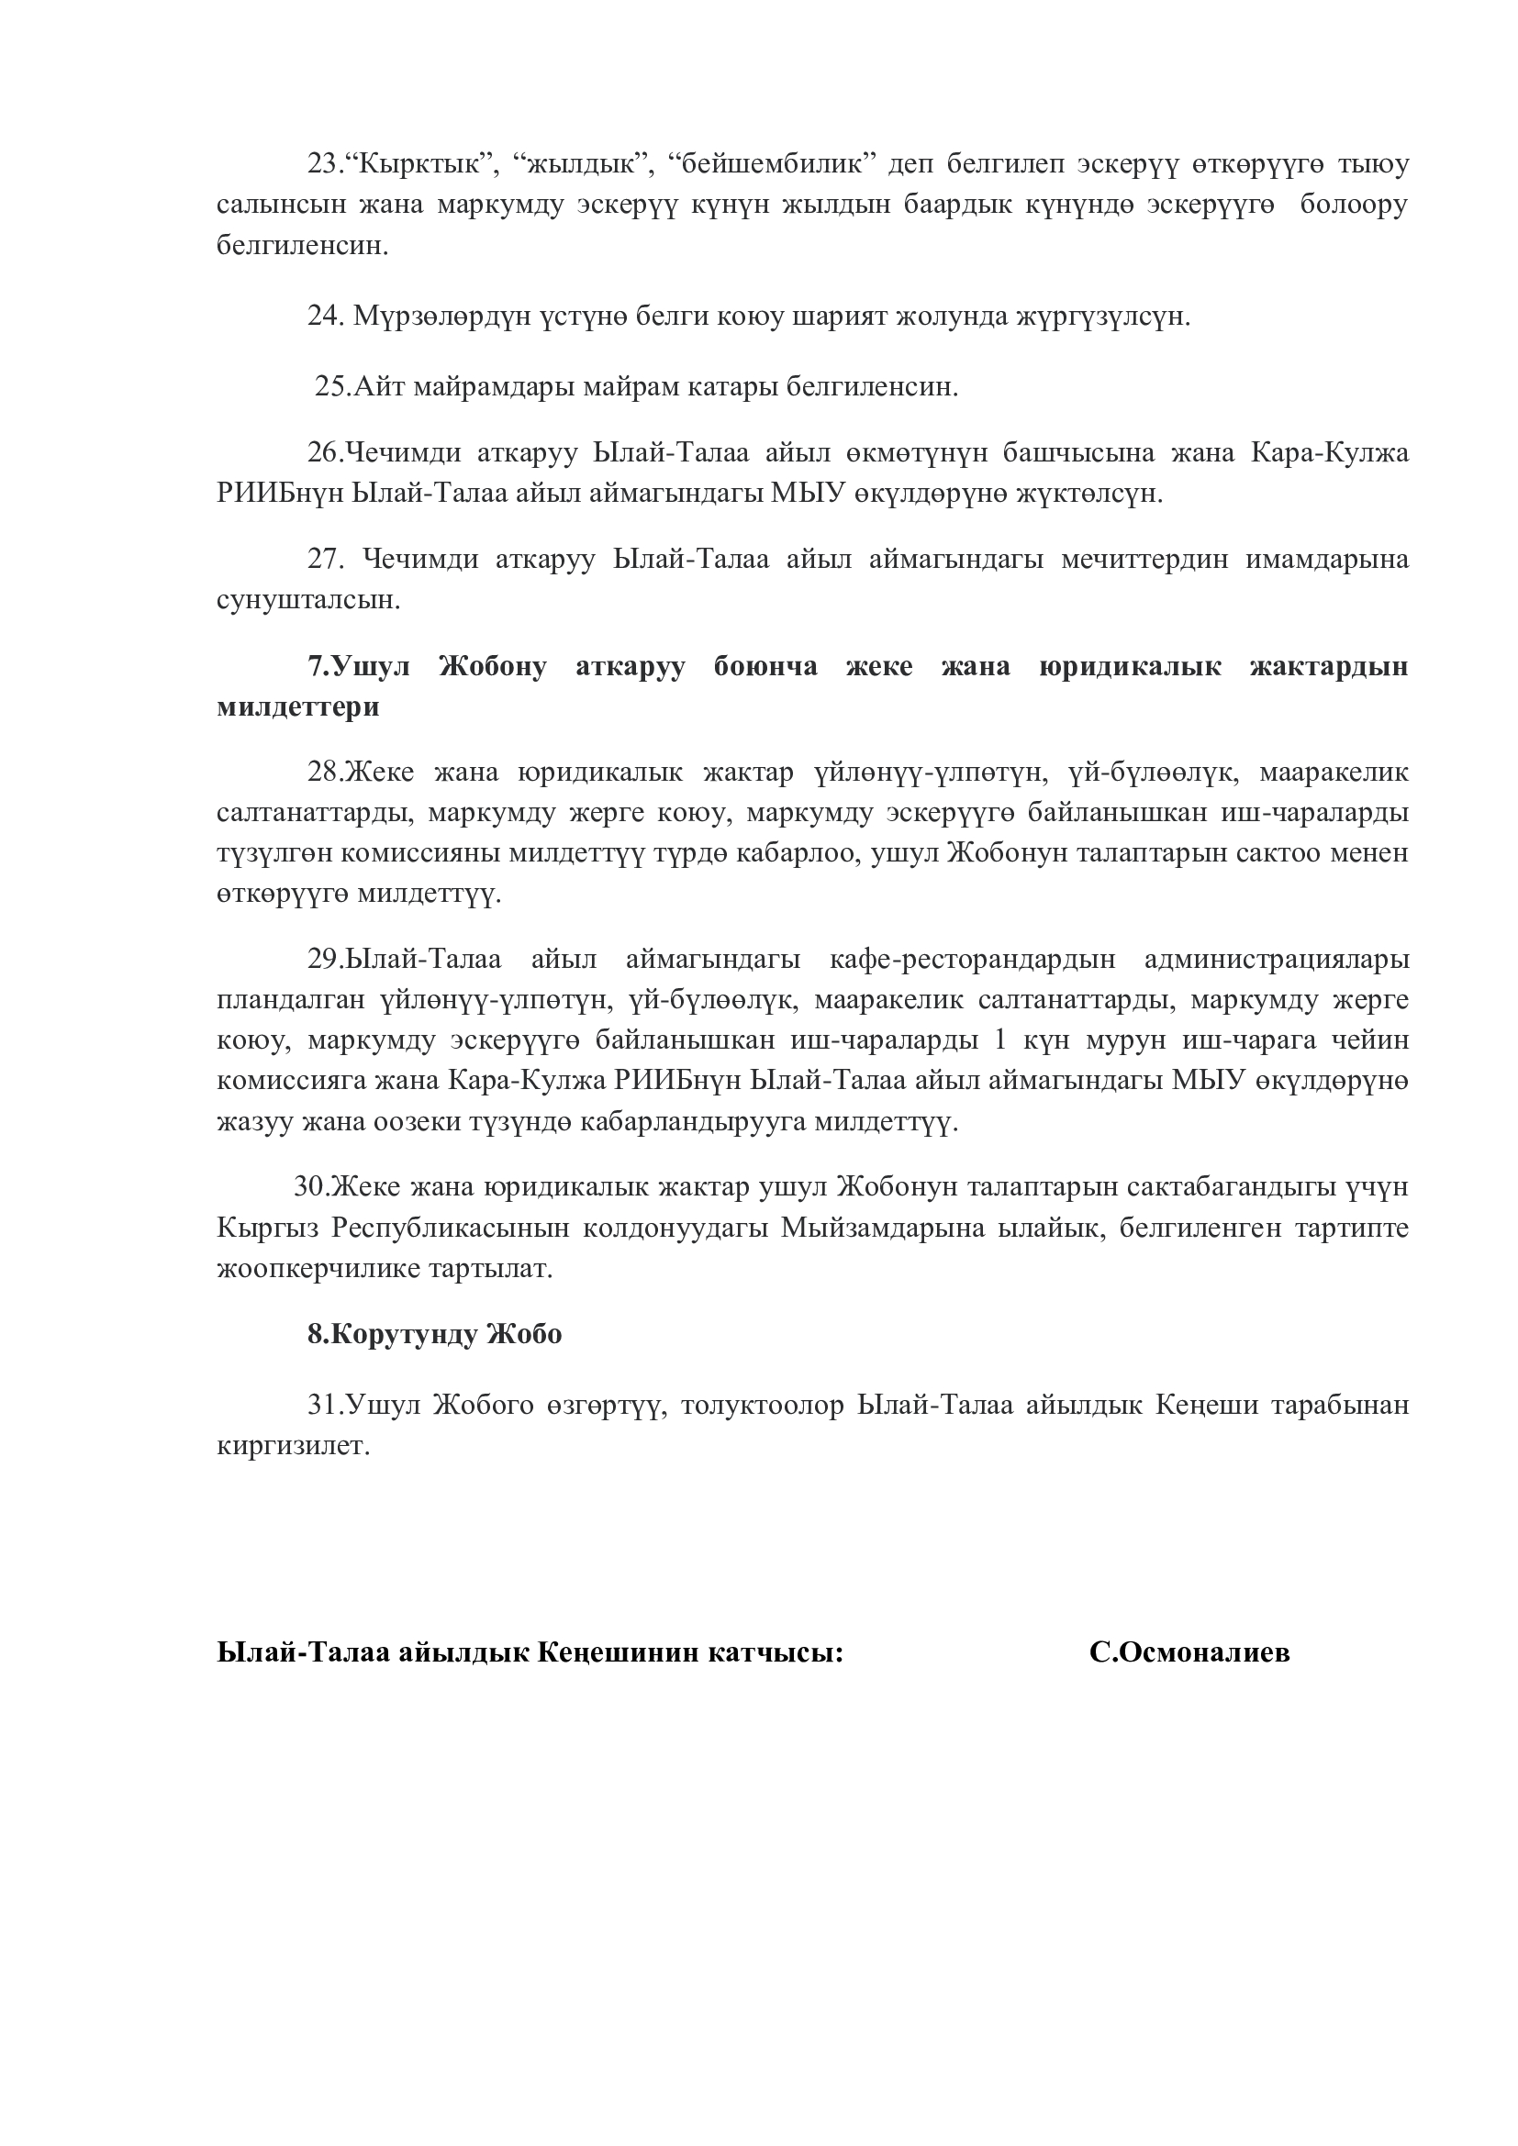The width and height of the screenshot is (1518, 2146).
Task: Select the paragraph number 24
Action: [325, 317]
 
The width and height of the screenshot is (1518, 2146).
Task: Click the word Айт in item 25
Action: [378, 387]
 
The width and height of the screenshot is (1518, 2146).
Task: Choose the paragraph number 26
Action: [324, 453]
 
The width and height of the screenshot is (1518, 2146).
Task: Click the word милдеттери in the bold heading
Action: [298, 706]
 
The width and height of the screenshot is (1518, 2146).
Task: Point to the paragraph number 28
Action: [324, 773]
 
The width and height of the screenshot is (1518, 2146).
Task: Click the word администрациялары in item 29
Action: [1276, 960]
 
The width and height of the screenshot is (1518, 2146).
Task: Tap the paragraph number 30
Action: [310, 1187]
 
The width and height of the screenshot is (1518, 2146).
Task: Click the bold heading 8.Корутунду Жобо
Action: [435, 1334]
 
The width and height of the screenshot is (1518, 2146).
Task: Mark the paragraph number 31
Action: [324, 1405]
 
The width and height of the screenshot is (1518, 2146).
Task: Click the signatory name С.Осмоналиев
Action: [1189, 1652]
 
